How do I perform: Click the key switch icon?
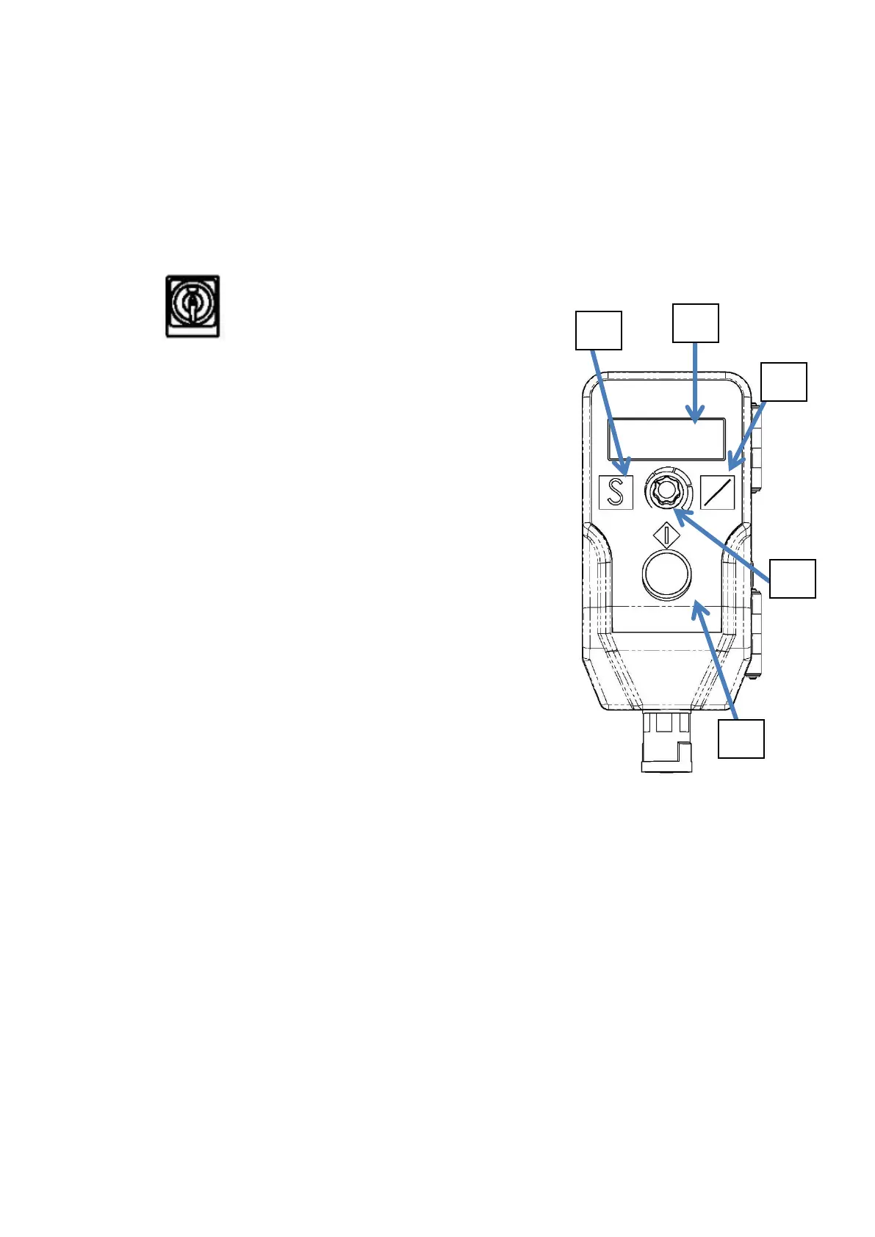pyautogui.click(x=192, y=306)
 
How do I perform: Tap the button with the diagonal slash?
pyautogui.click(x=717, y=492)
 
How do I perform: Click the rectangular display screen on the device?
pyautogui.click(x=666, y=439)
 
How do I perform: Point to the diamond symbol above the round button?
pyautogui.click(x=666, y=534)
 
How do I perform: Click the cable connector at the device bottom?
pyautogui.click(x=667, y=742)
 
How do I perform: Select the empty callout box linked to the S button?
pyautogui.click(x=598, y=330)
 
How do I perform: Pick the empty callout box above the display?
pyautogui.click(x=696, y=322)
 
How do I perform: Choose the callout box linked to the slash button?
pyautogui.click(x=783, y=381)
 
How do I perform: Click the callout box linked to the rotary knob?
pyautogui.click(x=793, y=578)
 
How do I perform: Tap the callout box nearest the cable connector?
pyautogui.click(x=741, y=738)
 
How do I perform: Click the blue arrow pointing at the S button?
pyautogui.click(x=610, y=411)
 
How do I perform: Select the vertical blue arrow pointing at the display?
pyautogui.click(x=695, y=382)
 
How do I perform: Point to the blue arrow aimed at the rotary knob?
pyautogui.click(x=724, y=547)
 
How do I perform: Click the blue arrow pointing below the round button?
pyautogui.click(x=716, y=661)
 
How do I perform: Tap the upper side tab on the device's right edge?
pyautogui.click(x=756, y=448)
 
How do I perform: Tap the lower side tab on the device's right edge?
pyautogui.click(x=756, y=632)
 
